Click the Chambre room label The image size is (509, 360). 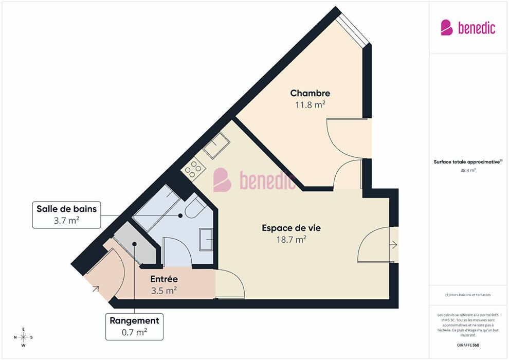pyautogui.click(x=310, y=93)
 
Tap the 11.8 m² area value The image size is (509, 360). pyautogui.click(x=310, y=104)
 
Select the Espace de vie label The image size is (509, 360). pyautogui.click(x=291, y=228)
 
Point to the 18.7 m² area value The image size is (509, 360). pyautogui.click(x=291, y=239)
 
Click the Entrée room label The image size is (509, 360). pyautogui.click(x=164, y=279)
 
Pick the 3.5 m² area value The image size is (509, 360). pyautogui.click(x=164, y=290)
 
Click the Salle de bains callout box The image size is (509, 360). pyautogui.click(x=66, y=215)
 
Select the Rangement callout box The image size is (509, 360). pyautogui.click(x=134, y=327)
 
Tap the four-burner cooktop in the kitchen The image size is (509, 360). pyautogui.click(x=193, y=169)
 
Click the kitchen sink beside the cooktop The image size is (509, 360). pyautogui.click(x=216, y=146)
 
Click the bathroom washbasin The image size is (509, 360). pyautogui.click(x=206, y=240)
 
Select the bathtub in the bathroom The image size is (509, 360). pyautogui.click(x=156, y=208)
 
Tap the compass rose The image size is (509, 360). pyautogui.click(x=23, y=337)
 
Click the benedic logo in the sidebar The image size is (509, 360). pyautogui.click(x=468, y=28)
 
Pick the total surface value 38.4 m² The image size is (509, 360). pyautogui.click(x=468, y=170)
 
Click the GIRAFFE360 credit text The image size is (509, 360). pyautogui.click(x=468, y=345)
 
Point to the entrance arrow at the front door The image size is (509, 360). pyautogui.click(x=96, y=289)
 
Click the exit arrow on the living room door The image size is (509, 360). pyautogui.click(x=393, y=245)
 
